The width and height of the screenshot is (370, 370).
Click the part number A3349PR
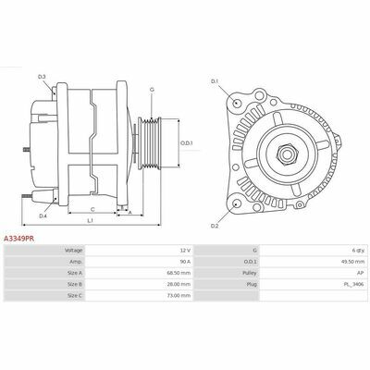pyautogui.click(x=18, y=239)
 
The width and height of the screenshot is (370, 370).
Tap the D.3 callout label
pyautogui.click(x=42, y=77)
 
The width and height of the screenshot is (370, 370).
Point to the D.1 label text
pyautogui.click(x=215, y=81)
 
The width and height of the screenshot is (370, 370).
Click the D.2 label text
pyautogui.click(x=215, y=226)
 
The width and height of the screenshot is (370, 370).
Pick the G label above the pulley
pyautogui.click(x=152, y=90)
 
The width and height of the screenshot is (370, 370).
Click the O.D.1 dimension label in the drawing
pyautogui.click(x=186, y=143)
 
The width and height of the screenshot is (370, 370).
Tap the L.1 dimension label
pyautogui.click(x=91, y=220)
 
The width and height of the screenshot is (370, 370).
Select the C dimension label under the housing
pyautogui.click(x=92, y=210)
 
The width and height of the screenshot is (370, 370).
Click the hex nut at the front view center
pyautogui.click(x=287, y=154)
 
